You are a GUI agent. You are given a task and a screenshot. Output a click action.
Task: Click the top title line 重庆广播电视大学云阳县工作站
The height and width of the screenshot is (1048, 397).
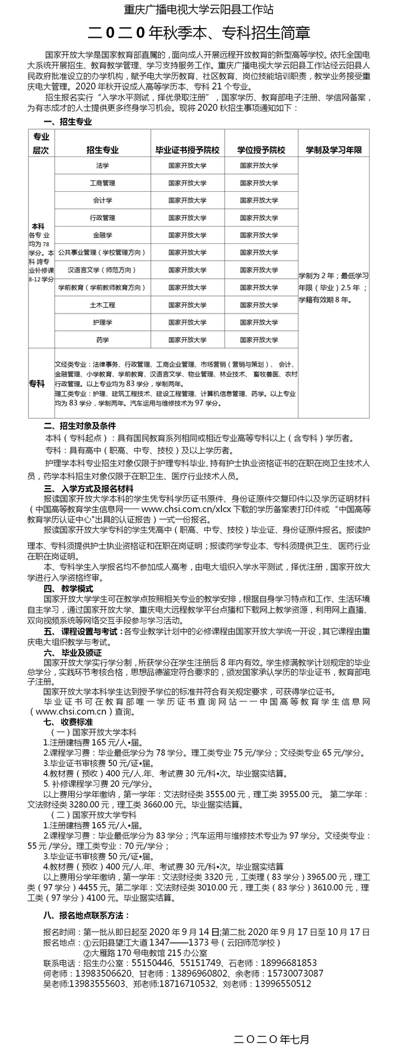[198, 9]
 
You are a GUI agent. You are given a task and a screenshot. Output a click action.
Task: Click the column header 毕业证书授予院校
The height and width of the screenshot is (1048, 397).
[187, 150]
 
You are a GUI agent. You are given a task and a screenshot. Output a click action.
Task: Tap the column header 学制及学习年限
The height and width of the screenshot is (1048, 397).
[334, 150]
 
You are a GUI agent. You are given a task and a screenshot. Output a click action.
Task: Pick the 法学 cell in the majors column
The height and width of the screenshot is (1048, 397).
[102, 166]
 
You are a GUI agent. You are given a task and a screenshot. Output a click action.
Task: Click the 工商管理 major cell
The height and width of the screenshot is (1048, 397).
[102, 183]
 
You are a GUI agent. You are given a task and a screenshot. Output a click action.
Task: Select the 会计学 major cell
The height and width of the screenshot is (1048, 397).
[102, 201]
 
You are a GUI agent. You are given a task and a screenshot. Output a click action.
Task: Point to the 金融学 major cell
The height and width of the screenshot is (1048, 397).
[102, 235]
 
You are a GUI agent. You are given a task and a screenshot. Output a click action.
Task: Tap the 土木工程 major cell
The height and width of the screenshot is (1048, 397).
[102, 305]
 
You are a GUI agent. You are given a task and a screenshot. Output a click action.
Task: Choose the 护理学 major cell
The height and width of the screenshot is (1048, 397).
[102, 323]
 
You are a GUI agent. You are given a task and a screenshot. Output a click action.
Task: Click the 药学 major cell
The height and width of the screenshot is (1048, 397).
[102, 340]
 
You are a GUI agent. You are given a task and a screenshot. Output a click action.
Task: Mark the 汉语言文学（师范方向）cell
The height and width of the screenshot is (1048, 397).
[102, 270]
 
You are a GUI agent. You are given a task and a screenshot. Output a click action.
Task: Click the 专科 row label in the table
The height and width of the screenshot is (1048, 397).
[37, 384]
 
